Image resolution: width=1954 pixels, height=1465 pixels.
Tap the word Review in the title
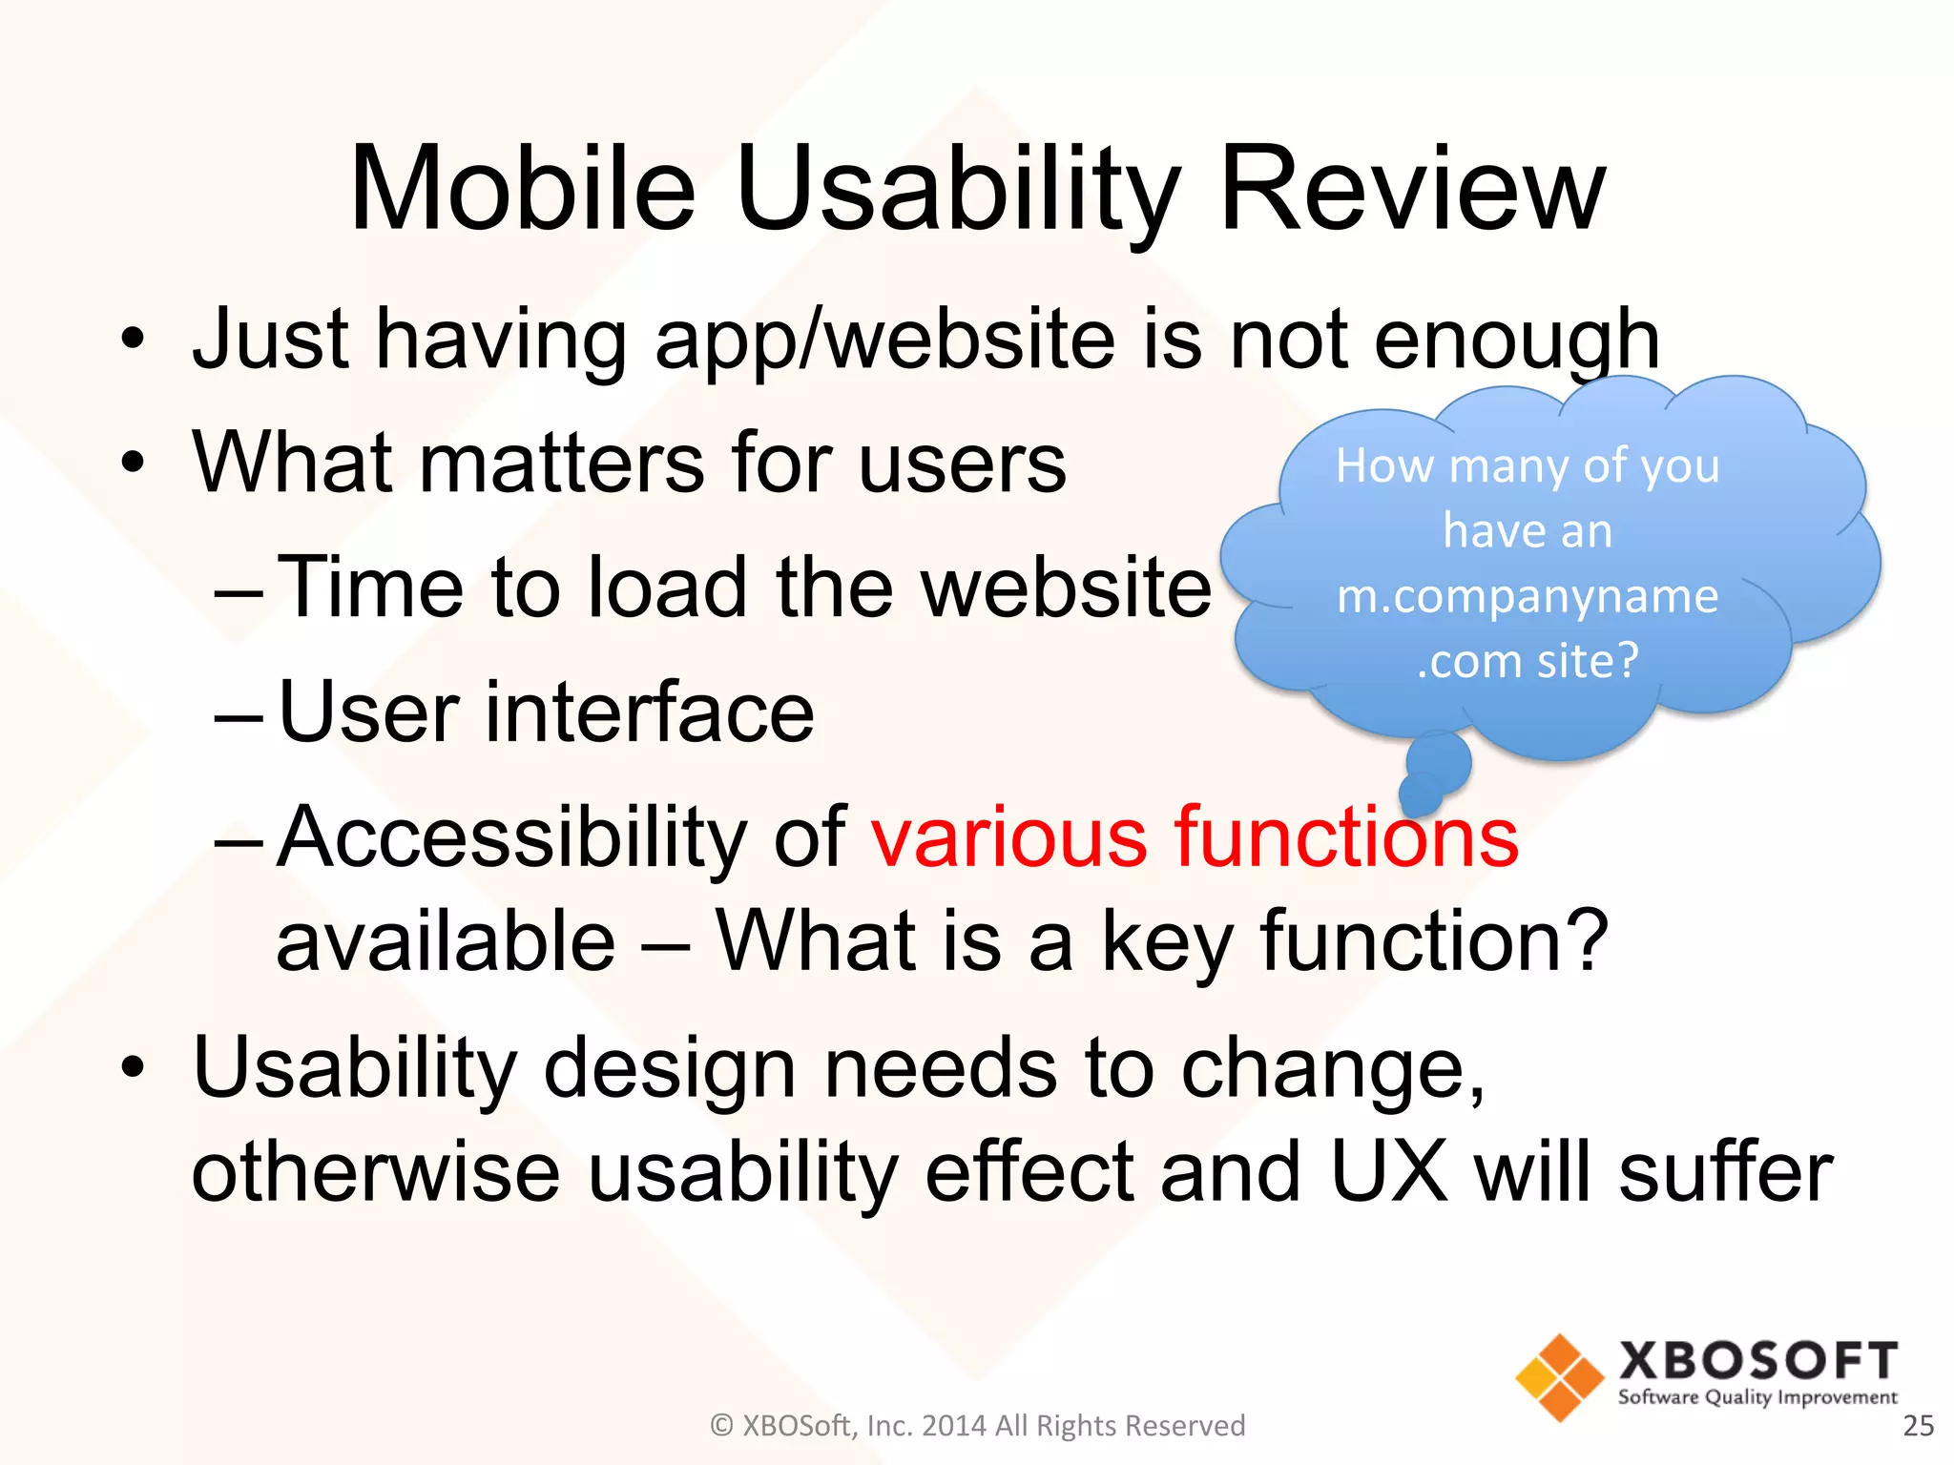click(1411, 188)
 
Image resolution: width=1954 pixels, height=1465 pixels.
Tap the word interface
click(650, 712)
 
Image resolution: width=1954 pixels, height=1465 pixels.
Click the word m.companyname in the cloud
click(1528, 596)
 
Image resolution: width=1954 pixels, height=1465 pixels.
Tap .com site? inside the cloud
click(1528, 660)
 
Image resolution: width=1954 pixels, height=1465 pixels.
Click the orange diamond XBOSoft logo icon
click(1560, 1377)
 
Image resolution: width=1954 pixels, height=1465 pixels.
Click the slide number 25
click(1918, 1425)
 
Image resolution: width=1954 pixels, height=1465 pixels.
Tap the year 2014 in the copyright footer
click(955, 1425)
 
